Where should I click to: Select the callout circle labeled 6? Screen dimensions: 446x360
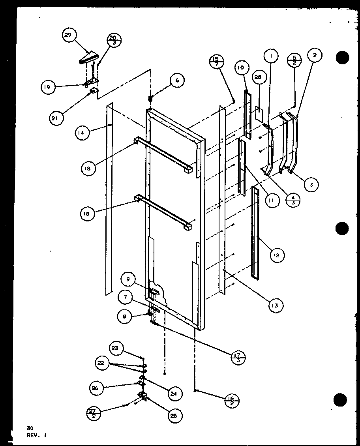click(177, 80)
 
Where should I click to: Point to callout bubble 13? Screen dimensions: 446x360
click(274, 305)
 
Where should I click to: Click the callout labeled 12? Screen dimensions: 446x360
click(276, 255)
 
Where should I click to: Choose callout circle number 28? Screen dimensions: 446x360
click(258, 78)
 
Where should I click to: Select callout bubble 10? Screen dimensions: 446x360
click(241, 68)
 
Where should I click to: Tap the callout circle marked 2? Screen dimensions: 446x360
click(314, 56)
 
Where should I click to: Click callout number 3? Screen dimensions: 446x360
click(311, 185)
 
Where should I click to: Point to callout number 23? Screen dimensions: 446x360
click(115, 349)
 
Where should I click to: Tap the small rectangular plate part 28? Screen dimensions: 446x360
click(259, 113)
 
